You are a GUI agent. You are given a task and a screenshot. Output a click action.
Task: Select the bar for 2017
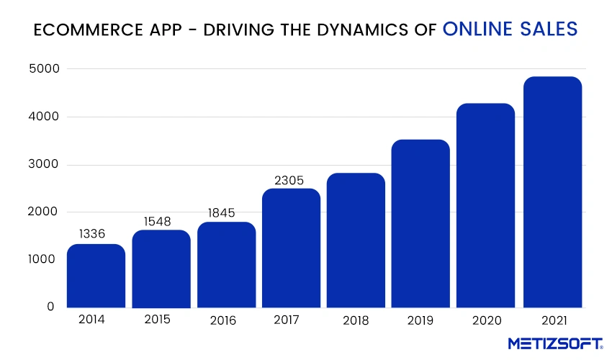pos(291,248)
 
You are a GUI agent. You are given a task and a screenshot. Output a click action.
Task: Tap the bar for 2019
pos(420,223)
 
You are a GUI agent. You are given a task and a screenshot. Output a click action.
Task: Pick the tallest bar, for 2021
pos(552,192)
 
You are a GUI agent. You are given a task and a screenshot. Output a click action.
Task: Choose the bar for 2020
pos(486,205)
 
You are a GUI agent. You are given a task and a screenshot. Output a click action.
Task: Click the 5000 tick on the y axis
pos(42,69)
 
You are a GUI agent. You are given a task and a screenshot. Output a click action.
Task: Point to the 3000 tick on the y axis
pos(42,165)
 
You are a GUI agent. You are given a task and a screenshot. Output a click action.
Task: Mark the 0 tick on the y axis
pos(50,307)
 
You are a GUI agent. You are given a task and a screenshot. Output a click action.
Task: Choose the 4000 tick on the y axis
pos(42,117)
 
